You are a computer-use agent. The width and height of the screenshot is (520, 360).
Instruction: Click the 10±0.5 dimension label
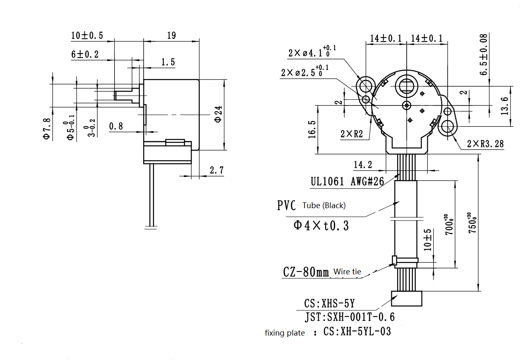click(87, 36)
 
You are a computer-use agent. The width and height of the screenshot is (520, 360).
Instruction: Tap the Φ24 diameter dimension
click(218, 114)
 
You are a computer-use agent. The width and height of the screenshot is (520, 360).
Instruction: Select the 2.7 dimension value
click(216, 170)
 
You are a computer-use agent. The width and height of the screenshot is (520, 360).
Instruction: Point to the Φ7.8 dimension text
click(47, 129)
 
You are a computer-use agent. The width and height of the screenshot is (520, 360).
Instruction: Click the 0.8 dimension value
click(116, 126)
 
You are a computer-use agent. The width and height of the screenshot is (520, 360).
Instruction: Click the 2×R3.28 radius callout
click(485, 144)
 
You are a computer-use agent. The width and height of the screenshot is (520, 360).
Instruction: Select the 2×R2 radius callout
click(352, 134)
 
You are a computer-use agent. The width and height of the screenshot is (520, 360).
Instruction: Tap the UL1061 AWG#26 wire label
click(347, 181)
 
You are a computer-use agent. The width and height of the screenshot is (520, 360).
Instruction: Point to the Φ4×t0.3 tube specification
click(321, 226)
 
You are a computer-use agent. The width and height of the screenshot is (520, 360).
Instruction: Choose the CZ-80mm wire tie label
click(306, 272)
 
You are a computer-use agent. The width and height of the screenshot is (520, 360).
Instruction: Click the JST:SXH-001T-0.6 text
click(350, 317)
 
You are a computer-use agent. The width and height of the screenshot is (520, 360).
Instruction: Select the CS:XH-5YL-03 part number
click(357, 331)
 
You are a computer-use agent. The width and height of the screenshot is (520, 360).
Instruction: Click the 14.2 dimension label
click(363, 165)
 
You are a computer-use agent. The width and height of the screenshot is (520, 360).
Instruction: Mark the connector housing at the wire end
click(407, 298)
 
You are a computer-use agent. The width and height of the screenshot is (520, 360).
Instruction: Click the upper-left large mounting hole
click(366, 86)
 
